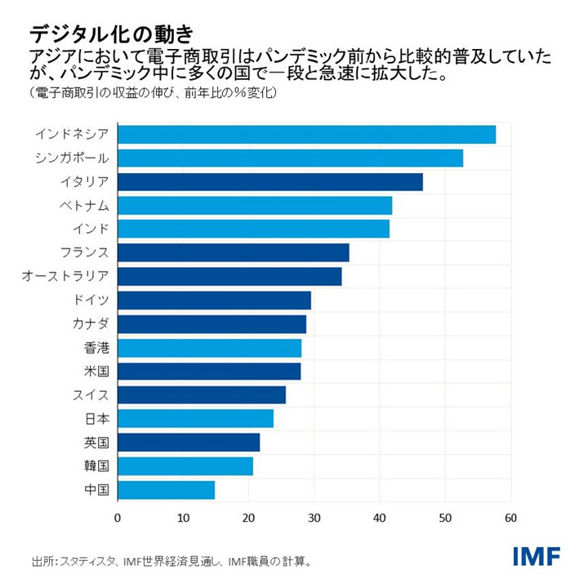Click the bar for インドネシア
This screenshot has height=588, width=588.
[306, 135]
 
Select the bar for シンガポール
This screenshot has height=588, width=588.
[290, 158]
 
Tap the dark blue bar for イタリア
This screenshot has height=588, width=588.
[270, 182]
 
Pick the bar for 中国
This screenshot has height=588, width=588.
[166, 490]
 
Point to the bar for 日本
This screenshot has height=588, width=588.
[195, 419]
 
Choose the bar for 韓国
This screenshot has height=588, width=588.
[185, 466]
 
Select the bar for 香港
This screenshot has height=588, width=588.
[209, 348]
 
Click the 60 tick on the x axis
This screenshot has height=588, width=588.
[511, 518]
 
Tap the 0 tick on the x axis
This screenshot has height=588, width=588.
[118, 518]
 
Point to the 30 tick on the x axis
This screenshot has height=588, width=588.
[314, 518]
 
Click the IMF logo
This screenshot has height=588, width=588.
[537, 556]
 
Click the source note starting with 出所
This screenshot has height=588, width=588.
[171, 561]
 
